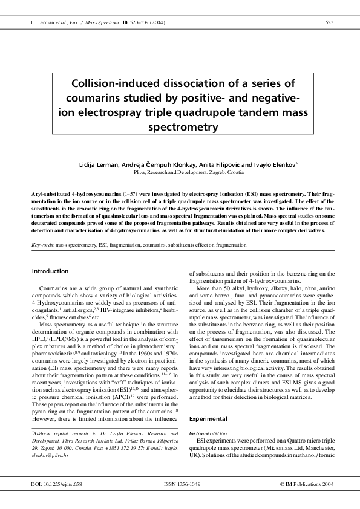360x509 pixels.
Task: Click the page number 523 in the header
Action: [x=329, y=23]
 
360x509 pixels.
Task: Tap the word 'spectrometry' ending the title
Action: [x=183, y=126]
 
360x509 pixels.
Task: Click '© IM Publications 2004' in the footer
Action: [x=306, y=484]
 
